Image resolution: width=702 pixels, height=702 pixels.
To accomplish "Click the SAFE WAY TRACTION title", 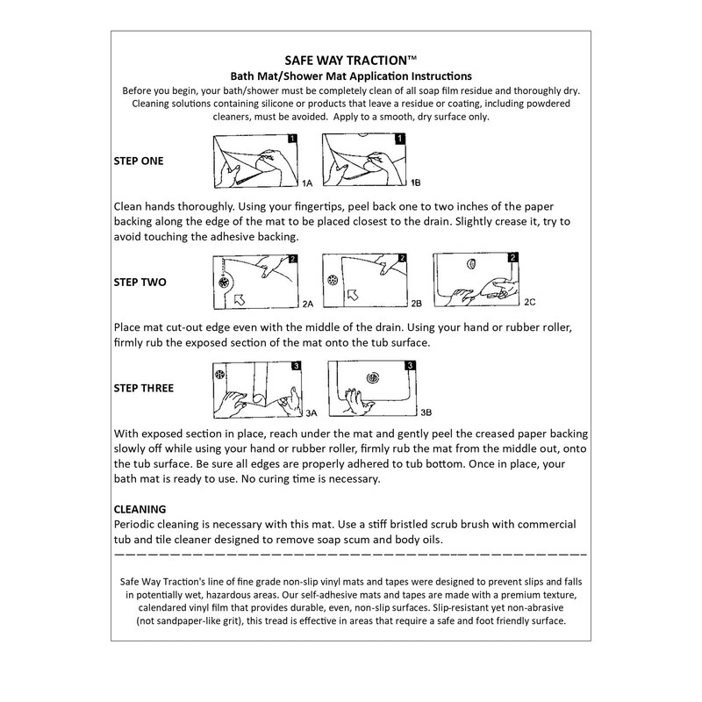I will click(x=351, y=61).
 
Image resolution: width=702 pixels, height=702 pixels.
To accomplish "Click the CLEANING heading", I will click(x=140, y=508).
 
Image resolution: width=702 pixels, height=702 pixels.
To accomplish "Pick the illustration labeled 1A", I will click(x=256, y=161).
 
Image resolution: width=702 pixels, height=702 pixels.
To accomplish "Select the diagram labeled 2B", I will click(x=364, y=280).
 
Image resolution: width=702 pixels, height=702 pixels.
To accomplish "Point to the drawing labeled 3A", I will click(x=256, y=388).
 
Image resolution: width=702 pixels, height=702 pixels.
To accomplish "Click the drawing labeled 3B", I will click(x=370, y=388).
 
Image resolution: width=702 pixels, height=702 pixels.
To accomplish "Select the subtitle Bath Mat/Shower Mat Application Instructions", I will click(x=351, y=76).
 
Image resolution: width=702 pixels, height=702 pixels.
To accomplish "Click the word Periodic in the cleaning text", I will click(x=140, y=523).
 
